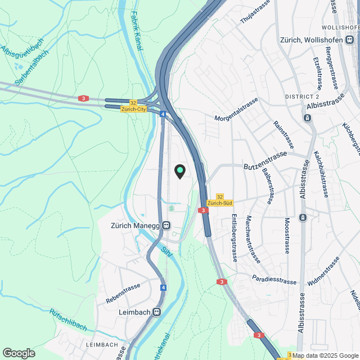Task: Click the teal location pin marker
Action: coord(180,171)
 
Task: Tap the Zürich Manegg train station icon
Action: coord(166,225)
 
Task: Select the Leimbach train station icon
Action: coord(157,312)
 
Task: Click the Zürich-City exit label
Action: coord(134,109)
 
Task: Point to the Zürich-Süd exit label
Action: coord(220,202)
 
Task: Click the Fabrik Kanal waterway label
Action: coord(137,34)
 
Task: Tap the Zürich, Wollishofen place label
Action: coord(316,40)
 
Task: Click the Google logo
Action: coord(19,353)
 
